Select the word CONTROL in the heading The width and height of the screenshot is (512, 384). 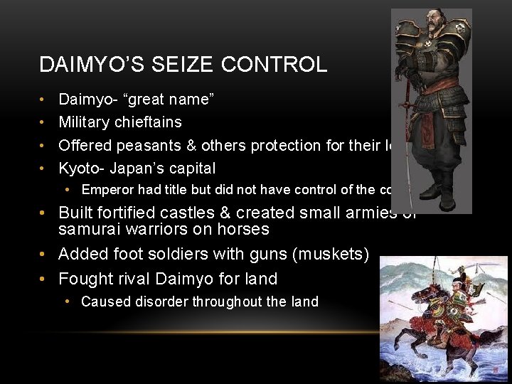[x=274, y=65]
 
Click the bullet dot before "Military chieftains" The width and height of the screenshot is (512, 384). [x=43, y=122]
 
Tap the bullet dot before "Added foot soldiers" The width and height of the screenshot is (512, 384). [x=43, y=254]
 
